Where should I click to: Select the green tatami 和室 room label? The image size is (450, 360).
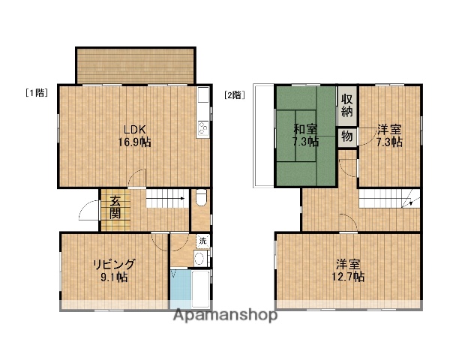click(305, 133)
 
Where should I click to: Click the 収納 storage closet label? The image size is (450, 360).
click(346, 105)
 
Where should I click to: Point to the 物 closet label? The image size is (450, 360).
click(346, 136)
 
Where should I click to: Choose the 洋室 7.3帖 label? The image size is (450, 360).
click(389, 133)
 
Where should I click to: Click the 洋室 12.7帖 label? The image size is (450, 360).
click(349, 270)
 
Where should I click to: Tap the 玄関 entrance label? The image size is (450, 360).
click(115, 206)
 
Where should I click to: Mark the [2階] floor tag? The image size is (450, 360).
click(235, 95)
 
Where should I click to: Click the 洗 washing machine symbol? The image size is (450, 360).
click(202, 241)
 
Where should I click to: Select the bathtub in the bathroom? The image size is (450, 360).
click(199, 289)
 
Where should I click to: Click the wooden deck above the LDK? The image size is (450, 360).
click(135, 66)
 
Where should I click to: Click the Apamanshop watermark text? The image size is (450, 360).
click(225, 315)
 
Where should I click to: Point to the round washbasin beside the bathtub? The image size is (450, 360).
click(199, 259)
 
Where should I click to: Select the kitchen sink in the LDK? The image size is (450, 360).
click(202, 97)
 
